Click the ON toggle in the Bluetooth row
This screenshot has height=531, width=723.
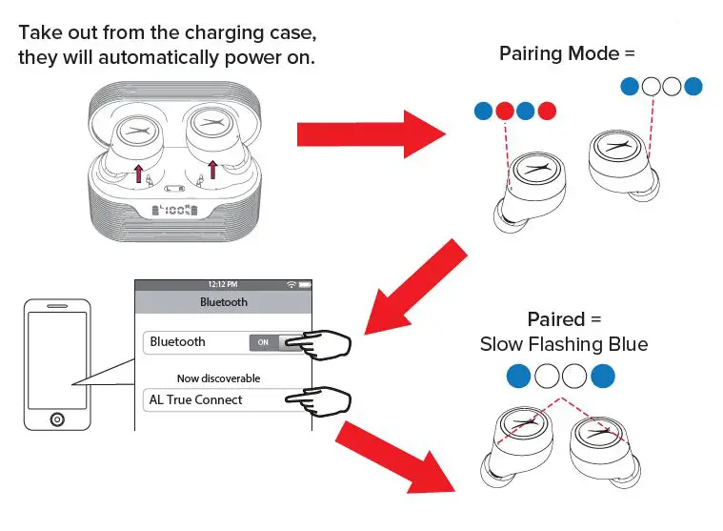pyautogui.click(x=264, y=342)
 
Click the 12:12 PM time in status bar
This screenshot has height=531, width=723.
pyautogui.click(x=223, y=284)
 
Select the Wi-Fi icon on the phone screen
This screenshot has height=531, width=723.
pyautogui.click(x=291, y=284)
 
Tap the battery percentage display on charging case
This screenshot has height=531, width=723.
pyautogui.click(x=172, y=212)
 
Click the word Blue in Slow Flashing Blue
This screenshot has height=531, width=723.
pyautogui.click(x=625, y=344)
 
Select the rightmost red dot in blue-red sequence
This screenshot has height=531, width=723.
pyautogui.click(x=546, y=111)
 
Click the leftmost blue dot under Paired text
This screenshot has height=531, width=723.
pyautogui.click(x=519, y=377)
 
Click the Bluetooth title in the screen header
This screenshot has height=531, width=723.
pyautogui.click(x=223, y=302)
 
